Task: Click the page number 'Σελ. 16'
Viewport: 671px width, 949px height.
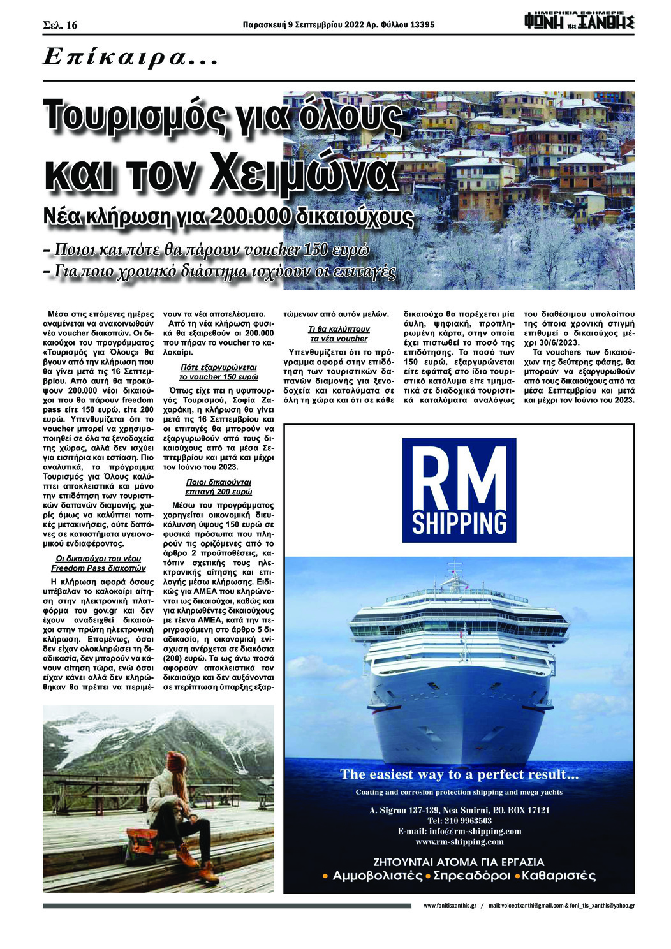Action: [x=59, y=25]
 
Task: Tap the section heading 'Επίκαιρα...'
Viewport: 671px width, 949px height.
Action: [x=131, y=58]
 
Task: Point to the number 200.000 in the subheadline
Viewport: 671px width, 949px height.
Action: [x=252, y=216]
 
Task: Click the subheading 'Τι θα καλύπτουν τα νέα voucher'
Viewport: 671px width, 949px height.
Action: [x=338, y=334]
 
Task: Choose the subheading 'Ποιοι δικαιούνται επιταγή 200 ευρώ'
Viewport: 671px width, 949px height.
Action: [x=219, y=487]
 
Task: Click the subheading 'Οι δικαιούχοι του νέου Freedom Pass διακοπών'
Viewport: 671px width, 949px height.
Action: [x=98, y=563]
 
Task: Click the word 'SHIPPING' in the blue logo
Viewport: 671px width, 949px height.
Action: [x=459, y=522]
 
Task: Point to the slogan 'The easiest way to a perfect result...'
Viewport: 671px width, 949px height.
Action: [x=459, y=774]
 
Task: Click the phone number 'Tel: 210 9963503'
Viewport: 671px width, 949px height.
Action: [x=459, y=821]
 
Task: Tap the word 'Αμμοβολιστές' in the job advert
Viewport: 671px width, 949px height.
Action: [x=377, y=876]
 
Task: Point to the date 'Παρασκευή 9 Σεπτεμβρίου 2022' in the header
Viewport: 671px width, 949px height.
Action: [x=303, y=25]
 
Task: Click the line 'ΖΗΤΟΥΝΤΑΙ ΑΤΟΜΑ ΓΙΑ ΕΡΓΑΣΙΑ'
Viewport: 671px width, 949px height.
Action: [x=459, y=862]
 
